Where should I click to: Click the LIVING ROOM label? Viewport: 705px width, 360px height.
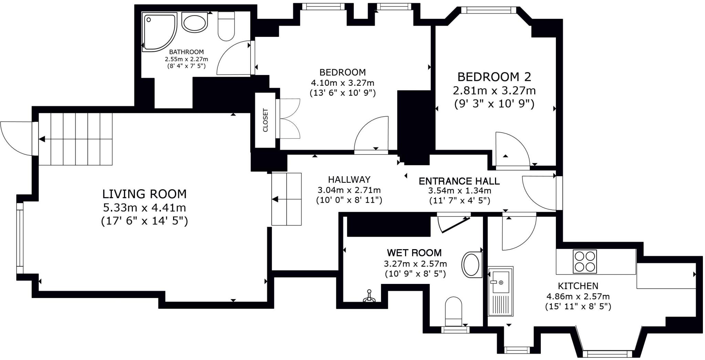(144, 194)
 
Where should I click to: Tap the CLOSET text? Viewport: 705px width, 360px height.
(265, 120)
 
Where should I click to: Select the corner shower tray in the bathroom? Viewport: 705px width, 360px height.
(159, 32)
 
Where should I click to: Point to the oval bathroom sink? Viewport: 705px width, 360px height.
(194, 23)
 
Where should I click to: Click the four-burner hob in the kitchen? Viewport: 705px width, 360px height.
(585, 262)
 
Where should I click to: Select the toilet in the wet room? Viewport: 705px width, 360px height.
(453, 311)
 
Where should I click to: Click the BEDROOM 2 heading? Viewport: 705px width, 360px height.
(494, 76)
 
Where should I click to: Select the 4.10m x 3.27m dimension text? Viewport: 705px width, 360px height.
(343, 83)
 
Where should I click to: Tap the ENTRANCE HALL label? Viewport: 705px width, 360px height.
(459, 181)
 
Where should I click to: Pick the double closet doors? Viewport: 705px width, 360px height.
(289, 119)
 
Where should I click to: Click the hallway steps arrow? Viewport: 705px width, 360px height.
(286, 199)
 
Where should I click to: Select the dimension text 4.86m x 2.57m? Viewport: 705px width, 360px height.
(578, 296)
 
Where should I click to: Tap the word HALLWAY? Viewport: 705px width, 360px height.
(349, 180)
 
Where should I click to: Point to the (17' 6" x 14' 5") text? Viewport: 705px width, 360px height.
(144, 221)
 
